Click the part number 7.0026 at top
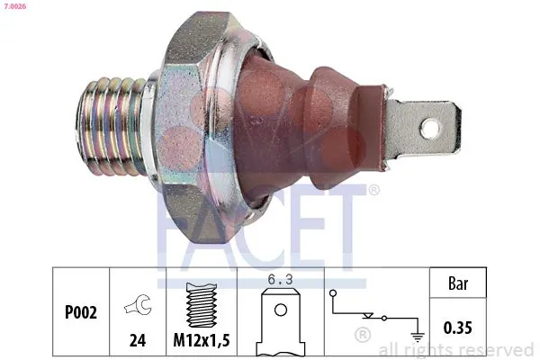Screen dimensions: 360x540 [x=14, y=8]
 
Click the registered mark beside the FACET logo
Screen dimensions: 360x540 [x=373, y=190]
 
